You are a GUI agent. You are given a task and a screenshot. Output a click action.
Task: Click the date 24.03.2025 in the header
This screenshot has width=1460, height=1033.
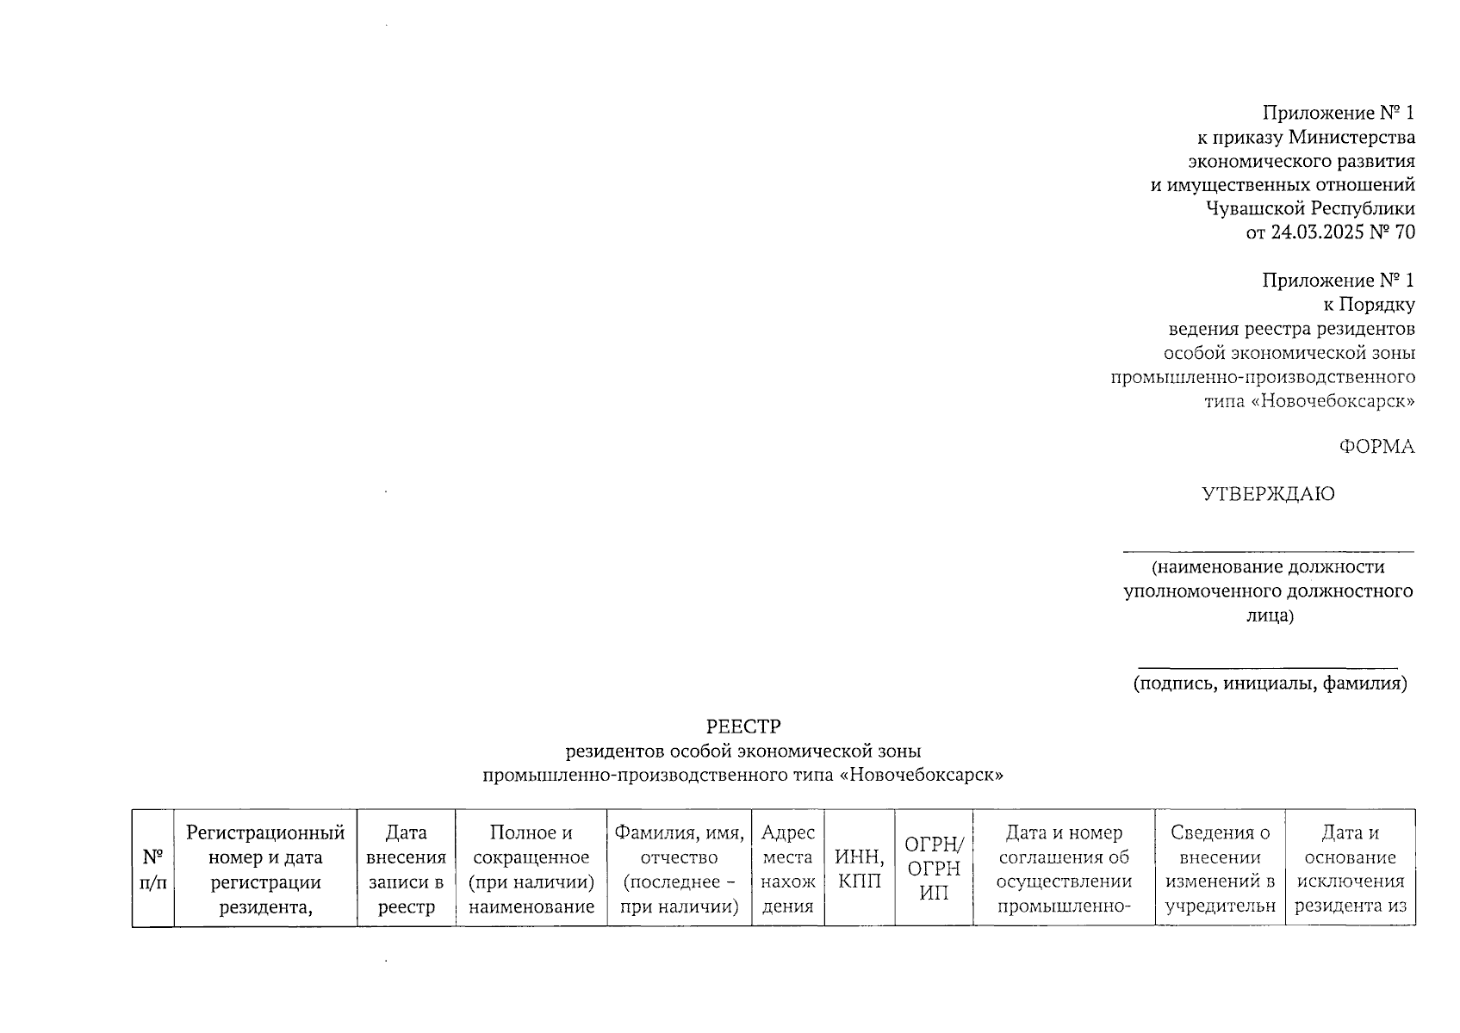1317,232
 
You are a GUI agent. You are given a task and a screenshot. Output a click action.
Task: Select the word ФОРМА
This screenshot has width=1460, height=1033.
1376,447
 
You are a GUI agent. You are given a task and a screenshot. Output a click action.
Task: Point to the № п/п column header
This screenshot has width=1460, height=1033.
152,869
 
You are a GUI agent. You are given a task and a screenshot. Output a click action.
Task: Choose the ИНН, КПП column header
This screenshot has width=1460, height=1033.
859,869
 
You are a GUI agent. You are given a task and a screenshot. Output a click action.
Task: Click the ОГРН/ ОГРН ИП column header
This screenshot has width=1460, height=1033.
934,869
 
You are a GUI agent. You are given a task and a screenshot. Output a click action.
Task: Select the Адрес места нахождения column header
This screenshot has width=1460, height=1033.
787,869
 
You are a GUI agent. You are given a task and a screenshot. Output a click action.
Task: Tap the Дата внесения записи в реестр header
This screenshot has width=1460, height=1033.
406,869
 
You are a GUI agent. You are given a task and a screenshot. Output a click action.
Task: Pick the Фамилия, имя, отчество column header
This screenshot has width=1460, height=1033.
679,869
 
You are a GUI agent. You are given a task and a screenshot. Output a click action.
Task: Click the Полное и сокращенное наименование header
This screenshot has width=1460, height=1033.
531,869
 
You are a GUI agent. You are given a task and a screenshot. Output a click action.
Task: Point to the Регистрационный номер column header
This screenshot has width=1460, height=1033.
265,869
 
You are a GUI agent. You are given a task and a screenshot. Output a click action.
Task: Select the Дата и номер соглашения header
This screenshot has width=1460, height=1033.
1064,869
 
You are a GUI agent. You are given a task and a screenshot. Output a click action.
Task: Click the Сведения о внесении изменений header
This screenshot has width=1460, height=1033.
1220,869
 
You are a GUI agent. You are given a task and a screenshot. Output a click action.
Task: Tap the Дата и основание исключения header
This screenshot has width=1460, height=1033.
1350,869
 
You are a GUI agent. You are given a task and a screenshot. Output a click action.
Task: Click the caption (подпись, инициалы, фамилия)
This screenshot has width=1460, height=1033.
1269,684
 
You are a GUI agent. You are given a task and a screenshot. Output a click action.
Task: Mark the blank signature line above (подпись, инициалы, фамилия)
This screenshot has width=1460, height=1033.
1268,667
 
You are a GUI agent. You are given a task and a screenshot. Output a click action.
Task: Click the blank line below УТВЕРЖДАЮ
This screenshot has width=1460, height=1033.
1268,551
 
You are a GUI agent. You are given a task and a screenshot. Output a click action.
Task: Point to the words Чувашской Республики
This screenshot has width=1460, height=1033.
1310,208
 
